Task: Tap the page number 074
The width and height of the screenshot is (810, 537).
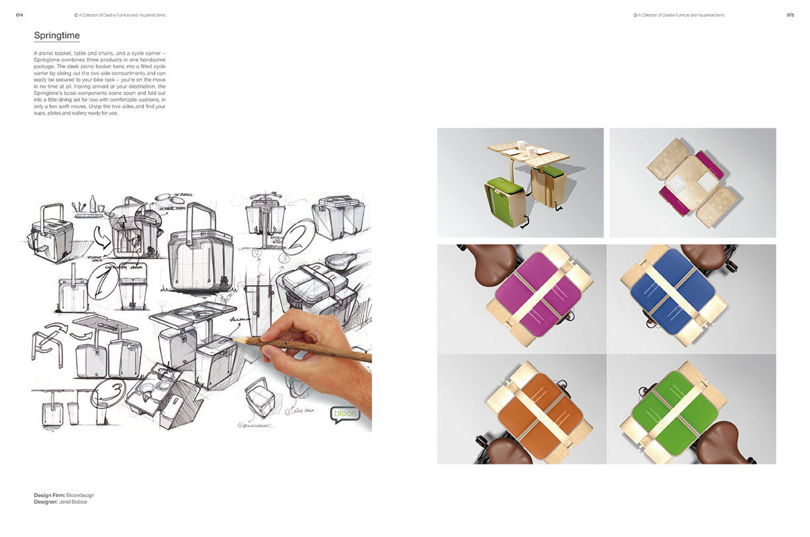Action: click(19, 15)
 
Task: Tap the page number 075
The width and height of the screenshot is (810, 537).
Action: click(790, 15)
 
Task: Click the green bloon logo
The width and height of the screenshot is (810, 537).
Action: click(345, 413)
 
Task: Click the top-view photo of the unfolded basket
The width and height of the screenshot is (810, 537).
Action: click(692, 182)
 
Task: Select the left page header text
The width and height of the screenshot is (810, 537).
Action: click(120, 15)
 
